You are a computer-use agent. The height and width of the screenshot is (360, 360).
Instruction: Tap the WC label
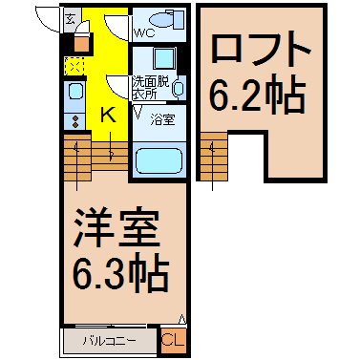(145, 32)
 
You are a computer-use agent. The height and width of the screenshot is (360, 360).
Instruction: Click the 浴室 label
(162, 120)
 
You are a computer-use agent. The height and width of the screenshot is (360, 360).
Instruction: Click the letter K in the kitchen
(108, 115)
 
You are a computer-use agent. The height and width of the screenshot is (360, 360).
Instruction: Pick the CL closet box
(173, 338)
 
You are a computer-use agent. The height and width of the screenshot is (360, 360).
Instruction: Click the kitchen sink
(74, 94)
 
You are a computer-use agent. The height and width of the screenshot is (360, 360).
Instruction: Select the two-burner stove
(74, 119)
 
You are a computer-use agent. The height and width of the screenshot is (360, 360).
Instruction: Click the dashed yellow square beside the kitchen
(74, 65)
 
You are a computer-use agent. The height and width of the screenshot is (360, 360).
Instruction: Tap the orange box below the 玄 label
(81, 42)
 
